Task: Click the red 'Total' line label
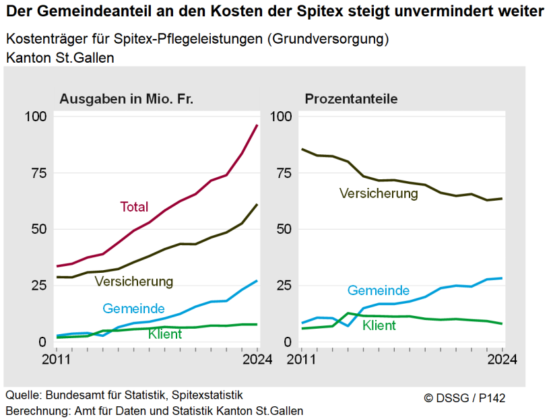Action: pos(134,207)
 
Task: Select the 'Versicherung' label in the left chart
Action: pos(134,280)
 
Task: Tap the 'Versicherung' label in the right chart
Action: pos(379,193)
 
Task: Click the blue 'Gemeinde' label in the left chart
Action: pos(133,309)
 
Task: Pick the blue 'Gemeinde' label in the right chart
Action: pos(379,290)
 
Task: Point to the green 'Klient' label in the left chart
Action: pos(165,333)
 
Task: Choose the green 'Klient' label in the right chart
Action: pos(379,325)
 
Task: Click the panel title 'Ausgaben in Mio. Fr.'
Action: pos(127,99)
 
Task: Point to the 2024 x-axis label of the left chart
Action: pos(256,359)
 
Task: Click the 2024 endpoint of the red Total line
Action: pos(257,125)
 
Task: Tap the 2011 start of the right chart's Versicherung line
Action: pos(302,149)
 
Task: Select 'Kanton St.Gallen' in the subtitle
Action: pos(60,59)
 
